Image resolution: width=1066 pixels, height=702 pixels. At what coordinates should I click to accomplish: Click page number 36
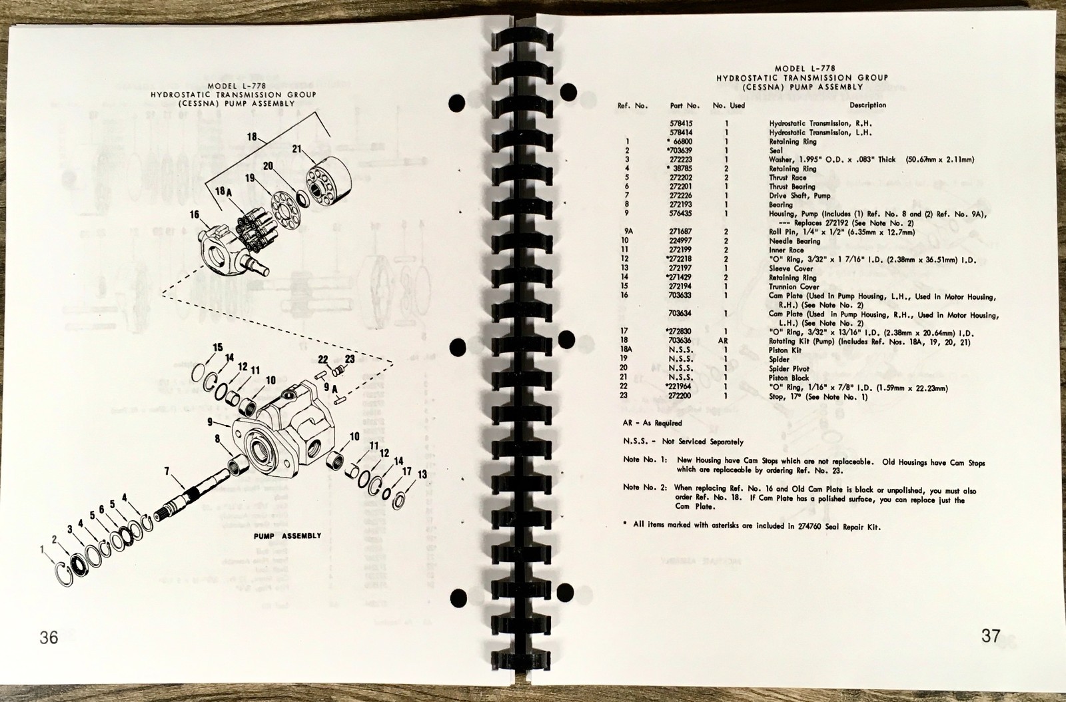click(x=49, y=637)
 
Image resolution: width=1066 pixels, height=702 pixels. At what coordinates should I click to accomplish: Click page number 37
click(x=991, y=635)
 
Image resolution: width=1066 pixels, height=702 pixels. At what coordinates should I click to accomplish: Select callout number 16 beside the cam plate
click(x=195, y=214)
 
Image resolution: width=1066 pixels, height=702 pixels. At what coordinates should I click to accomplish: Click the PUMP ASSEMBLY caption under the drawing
click(x=287, y=535)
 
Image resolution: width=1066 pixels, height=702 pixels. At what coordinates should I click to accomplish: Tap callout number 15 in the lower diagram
click(x=217, y=348)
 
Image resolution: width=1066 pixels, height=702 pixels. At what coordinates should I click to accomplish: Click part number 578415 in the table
click(x=684, y=123)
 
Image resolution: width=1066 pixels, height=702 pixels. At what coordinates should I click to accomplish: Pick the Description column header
click(x=867, y=105)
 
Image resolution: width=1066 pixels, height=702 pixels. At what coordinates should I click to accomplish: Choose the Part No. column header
click(x=684, y=105)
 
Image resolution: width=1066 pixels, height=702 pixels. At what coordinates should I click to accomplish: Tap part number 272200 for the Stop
click(x=684, y=397)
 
